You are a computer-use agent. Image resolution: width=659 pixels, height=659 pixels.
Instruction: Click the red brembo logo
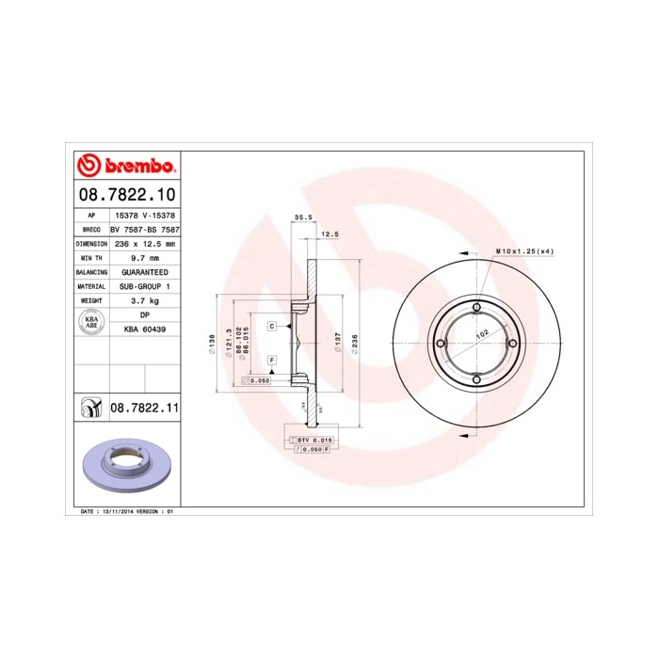(125, 167)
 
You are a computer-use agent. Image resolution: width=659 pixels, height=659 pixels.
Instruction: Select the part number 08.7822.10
(125, 195)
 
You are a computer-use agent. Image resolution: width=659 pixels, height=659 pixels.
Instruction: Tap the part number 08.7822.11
(144, 408)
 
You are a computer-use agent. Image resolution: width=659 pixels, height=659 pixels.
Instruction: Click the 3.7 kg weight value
(144, 300)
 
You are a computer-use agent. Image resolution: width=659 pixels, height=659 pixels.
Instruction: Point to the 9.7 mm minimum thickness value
(144, 257)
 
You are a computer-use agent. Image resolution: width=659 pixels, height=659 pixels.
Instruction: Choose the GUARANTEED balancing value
(144, 271)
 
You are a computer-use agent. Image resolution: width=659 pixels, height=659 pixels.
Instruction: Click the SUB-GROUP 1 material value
(144, 285)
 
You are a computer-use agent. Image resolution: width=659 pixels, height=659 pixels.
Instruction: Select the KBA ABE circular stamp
(91, 322)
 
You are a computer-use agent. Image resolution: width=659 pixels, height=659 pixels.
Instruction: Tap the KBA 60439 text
(144, 329)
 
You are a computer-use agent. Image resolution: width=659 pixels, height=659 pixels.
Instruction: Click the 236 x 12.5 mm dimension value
(144, 243)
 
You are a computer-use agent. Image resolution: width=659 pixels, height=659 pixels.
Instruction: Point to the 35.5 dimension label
(302, 217)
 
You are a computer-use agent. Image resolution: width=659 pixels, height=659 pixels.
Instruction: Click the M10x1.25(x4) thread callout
(523, 252)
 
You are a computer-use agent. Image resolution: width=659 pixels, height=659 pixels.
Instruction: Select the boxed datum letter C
(271, 326)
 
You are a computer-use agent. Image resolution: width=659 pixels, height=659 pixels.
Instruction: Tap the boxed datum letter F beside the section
(271, 361)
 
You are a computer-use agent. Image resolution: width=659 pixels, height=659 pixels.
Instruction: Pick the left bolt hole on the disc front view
(441, 345)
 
